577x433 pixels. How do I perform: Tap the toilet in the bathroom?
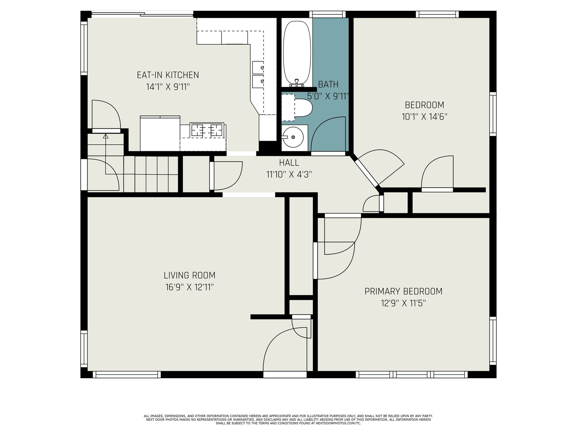click(x=303, y=108)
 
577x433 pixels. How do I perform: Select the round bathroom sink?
click(x=292, y=137)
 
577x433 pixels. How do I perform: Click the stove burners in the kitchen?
click(x=207, y=130)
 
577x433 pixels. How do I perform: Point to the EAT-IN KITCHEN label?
click(x=168, y=75)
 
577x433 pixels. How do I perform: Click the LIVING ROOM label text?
click(x=190, y=275)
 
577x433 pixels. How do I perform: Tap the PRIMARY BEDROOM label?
click(x=403, y=291)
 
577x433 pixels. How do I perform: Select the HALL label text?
click(x=289, y=163)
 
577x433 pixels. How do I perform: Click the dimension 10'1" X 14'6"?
click(x=424, y=117)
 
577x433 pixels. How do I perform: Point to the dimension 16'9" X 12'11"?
click(x=189, y=287)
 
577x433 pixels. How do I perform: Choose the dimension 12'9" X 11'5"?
click(x=403, y=303)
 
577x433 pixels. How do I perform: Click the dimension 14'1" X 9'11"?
click(x=168, y=87)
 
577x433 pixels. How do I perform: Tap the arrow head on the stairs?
click(x=105, y=136)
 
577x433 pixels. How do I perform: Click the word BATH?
click(x=328, y=84)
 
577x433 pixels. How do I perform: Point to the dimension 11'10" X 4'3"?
click(x=289, y=174)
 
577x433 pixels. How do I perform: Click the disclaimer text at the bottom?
click(x=288, y=420)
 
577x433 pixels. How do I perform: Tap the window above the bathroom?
click(x=327, y=14)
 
